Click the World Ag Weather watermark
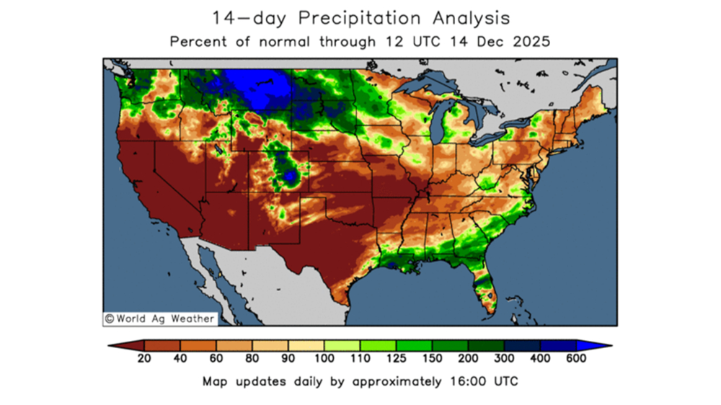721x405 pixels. (159, 318)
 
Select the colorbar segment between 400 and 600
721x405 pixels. (558, 346)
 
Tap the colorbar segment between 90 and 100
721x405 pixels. (306, 346)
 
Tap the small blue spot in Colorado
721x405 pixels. (290, 175)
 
